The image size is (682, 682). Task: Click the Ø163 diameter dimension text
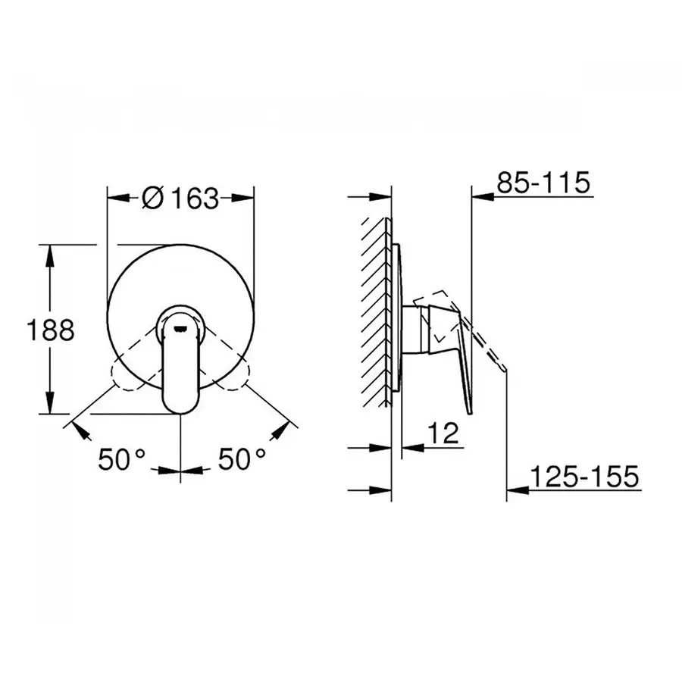click(180, 198)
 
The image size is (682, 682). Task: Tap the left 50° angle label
click(121, 458)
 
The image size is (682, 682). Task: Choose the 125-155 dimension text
click(584, 477)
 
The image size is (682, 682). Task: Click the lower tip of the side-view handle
click(471, 411)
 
